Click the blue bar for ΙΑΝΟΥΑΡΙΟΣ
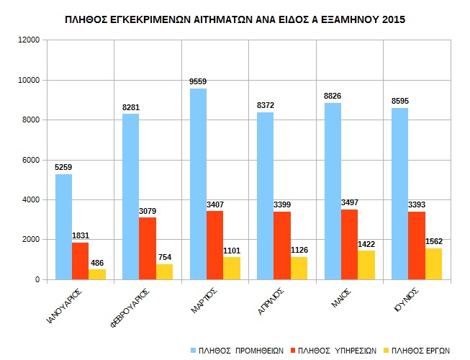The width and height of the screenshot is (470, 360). [63, 227]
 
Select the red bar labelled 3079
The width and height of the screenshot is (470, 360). [148, 248]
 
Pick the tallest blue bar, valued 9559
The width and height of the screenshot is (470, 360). [198, 184]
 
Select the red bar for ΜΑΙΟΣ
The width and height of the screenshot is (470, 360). [350, 244]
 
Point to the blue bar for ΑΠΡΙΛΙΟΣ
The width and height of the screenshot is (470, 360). [265, 196]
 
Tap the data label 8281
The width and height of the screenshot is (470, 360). [131, 108]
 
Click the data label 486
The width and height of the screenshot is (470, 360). [97, 264]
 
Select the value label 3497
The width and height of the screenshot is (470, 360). [350, 204]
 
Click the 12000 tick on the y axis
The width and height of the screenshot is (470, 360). [29, 40]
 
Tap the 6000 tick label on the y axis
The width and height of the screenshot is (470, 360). [31, 160]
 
